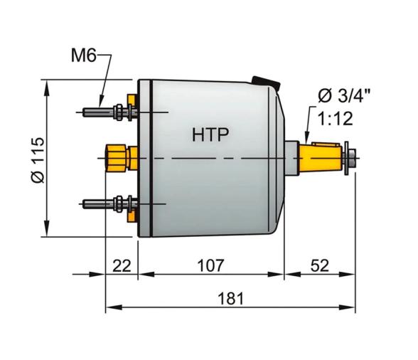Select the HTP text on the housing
(x=210, y=134)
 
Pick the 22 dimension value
(x=122, y=266)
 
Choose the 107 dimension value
(x=210, y=266)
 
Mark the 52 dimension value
(x=319, y=266)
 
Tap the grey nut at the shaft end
(x=350, y=156)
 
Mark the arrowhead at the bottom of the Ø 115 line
(x=48, y=233)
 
